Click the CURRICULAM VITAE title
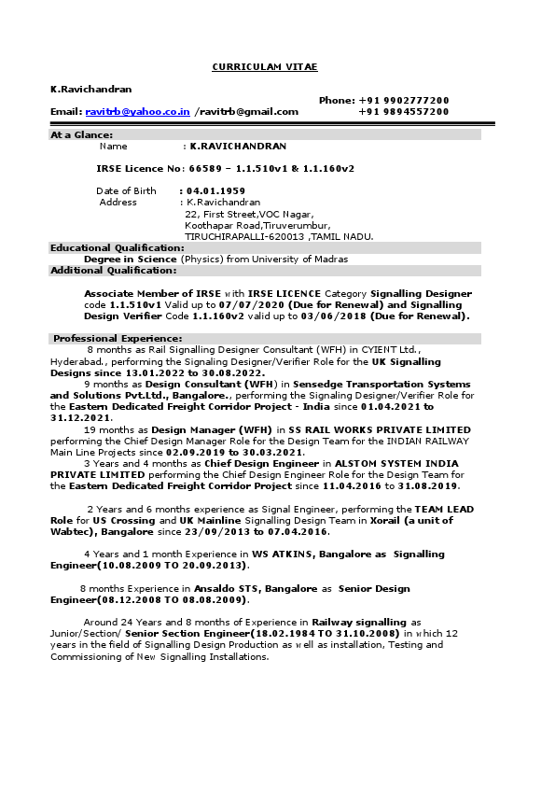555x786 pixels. [265, 67]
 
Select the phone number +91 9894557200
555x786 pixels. [403, 112]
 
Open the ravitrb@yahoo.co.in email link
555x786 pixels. [137, 112]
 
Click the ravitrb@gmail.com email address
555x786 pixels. [248, 112]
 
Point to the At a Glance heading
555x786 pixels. [82, 134]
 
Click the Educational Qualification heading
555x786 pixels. [118, 247]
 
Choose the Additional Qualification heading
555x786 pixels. [113, 271]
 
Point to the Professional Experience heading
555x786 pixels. [118, 338]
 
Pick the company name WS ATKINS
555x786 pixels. [278, 554]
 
